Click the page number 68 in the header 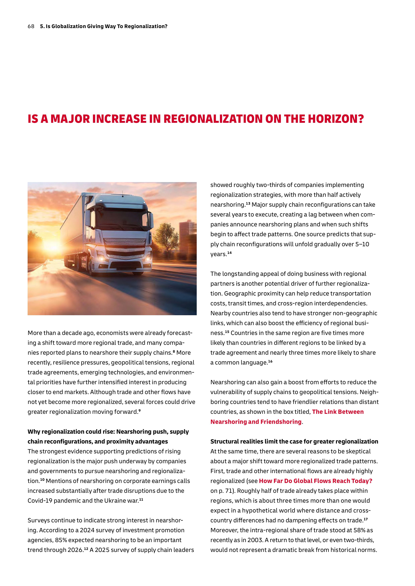[31, 26]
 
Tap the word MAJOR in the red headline [70, 119]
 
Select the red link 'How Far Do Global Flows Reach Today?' [315, 481]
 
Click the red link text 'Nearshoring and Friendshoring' [256, 422]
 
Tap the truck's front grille [125, 249]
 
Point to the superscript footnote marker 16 [270, 361]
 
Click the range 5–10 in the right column [362, 244]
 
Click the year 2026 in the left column [75, 550]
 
